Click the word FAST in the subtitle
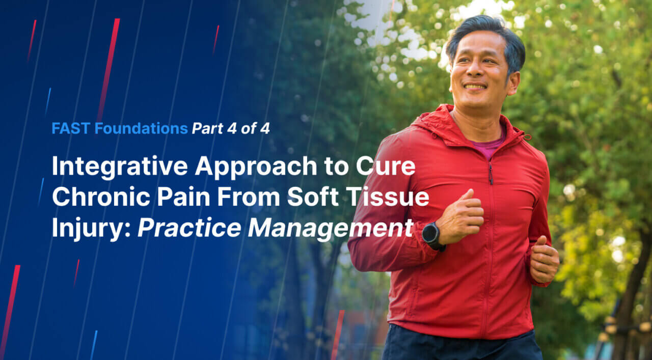point(71,128)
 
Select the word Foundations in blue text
point(141,128)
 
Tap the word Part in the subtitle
point(207,128)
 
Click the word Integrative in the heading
point(120,167)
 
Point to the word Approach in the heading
point(256,167)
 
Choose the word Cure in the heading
point(386,167)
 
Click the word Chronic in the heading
point(101,198)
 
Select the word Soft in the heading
point(313,197)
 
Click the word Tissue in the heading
point(388,197)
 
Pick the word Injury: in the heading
point(91,229)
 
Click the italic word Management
point(331,229)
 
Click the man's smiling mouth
point(475,87)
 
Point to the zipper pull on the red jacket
point(491,174)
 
